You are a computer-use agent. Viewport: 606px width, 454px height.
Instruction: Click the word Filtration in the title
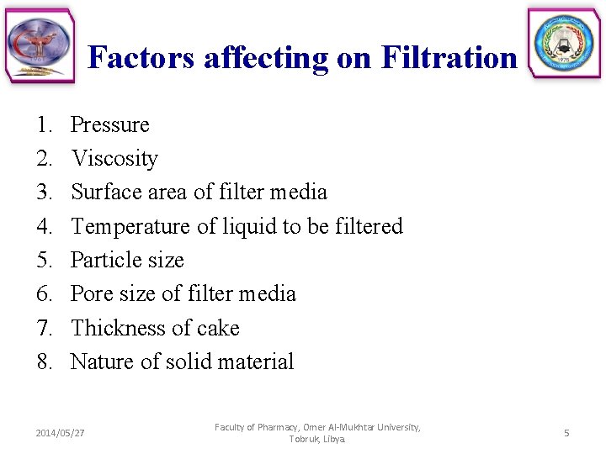tap(449, 57)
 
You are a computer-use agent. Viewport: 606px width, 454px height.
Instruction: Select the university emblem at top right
tap(564, 44)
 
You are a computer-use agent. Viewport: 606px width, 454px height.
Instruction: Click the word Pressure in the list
tap(110, 124)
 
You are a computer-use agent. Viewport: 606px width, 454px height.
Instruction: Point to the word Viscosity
tap(114, 158)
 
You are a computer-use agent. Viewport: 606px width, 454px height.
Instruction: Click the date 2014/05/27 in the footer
tap(61, 433)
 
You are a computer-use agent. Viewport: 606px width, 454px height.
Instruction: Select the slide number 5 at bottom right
tap(566, 433)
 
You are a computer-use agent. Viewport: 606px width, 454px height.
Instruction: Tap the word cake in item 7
tap(218, 328)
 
